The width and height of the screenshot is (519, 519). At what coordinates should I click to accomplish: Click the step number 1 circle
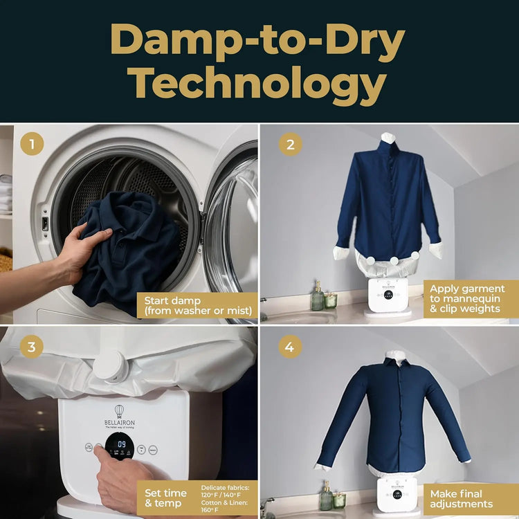point(32,145)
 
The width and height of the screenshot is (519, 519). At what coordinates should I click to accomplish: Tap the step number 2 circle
point(290,145)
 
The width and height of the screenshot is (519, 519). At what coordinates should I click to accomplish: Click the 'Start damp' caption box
point(197,305)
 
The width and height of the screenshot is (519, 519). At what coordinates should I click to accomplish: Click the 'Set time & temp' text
point(166,498)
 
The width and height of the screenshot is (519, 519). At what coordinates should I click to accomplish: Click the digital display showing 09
point(120,445)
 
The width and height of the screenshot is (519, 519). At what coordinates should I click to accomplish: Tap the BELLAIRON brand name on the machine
point(119,420)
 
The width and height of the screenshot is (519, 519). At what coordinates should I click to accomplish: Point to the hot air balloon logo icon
point(119,410)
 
